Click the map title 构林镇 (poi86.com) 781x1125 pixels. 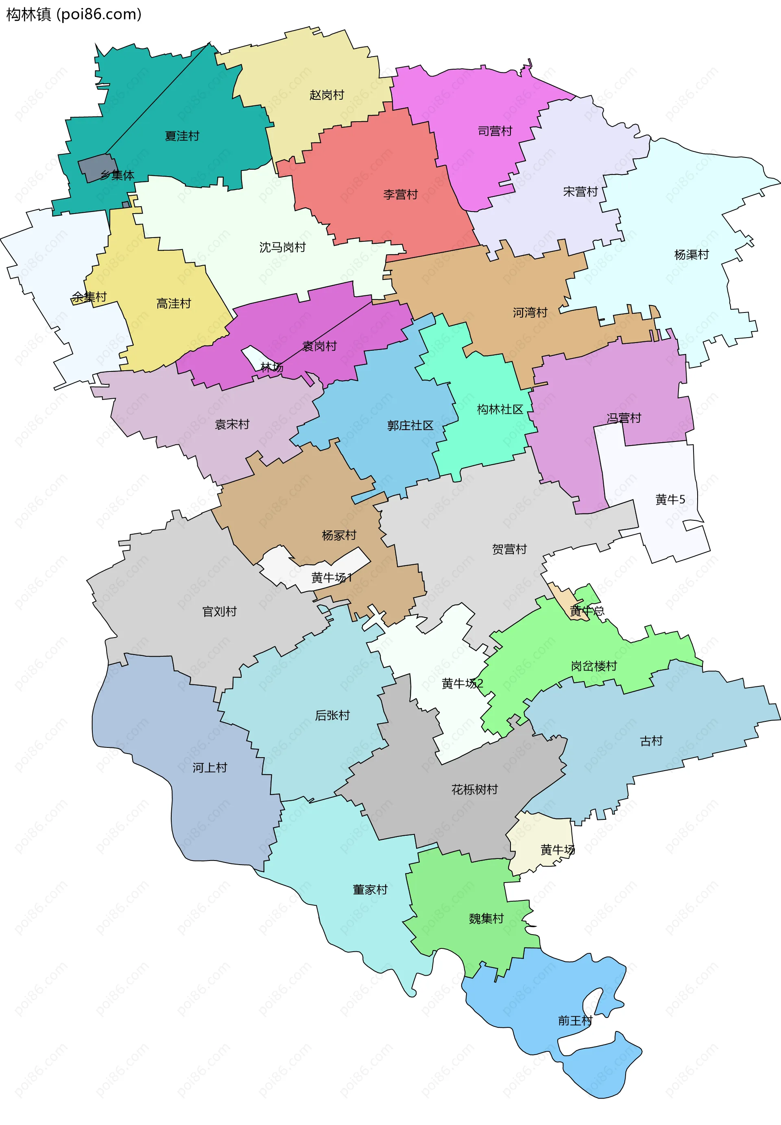pos(73,14)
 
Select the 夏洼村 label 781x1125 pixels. pos(182,136)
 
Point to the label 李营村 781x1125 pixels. pos(400,194)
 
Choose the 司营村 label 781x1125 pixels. pos(495,131)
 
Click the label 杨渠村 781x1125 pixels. pos(691,254)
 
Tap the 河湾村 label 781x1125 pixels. pos(530,312)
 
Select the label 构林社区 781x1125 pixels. pos(500,409)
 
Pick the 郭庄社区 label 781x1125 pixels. pos(410,425)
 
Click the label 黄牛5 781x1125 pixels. pos(670,499)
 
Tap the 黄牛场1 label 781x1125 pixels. pos(331,577)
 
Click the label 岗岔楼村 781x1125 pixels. pos(593,666)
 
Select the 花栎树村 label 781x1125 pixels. pos(474,789)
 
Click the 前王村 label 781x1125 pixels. pos(575,1020)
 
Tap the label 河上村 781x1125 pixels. pos(209,767)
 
